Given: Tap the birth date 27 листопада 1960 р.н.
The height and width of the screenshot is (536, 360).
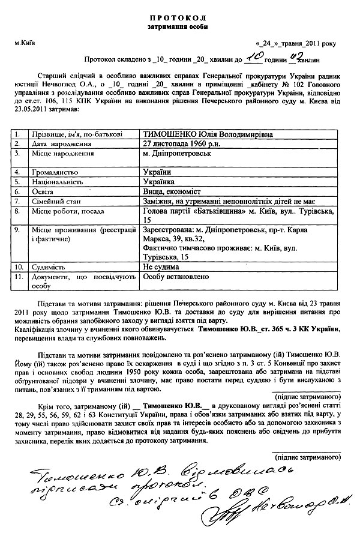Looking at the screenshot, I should tap(178, 139).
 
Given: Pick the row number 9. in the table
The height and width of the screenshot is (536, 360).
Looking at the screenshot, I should tap(18, 230).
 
